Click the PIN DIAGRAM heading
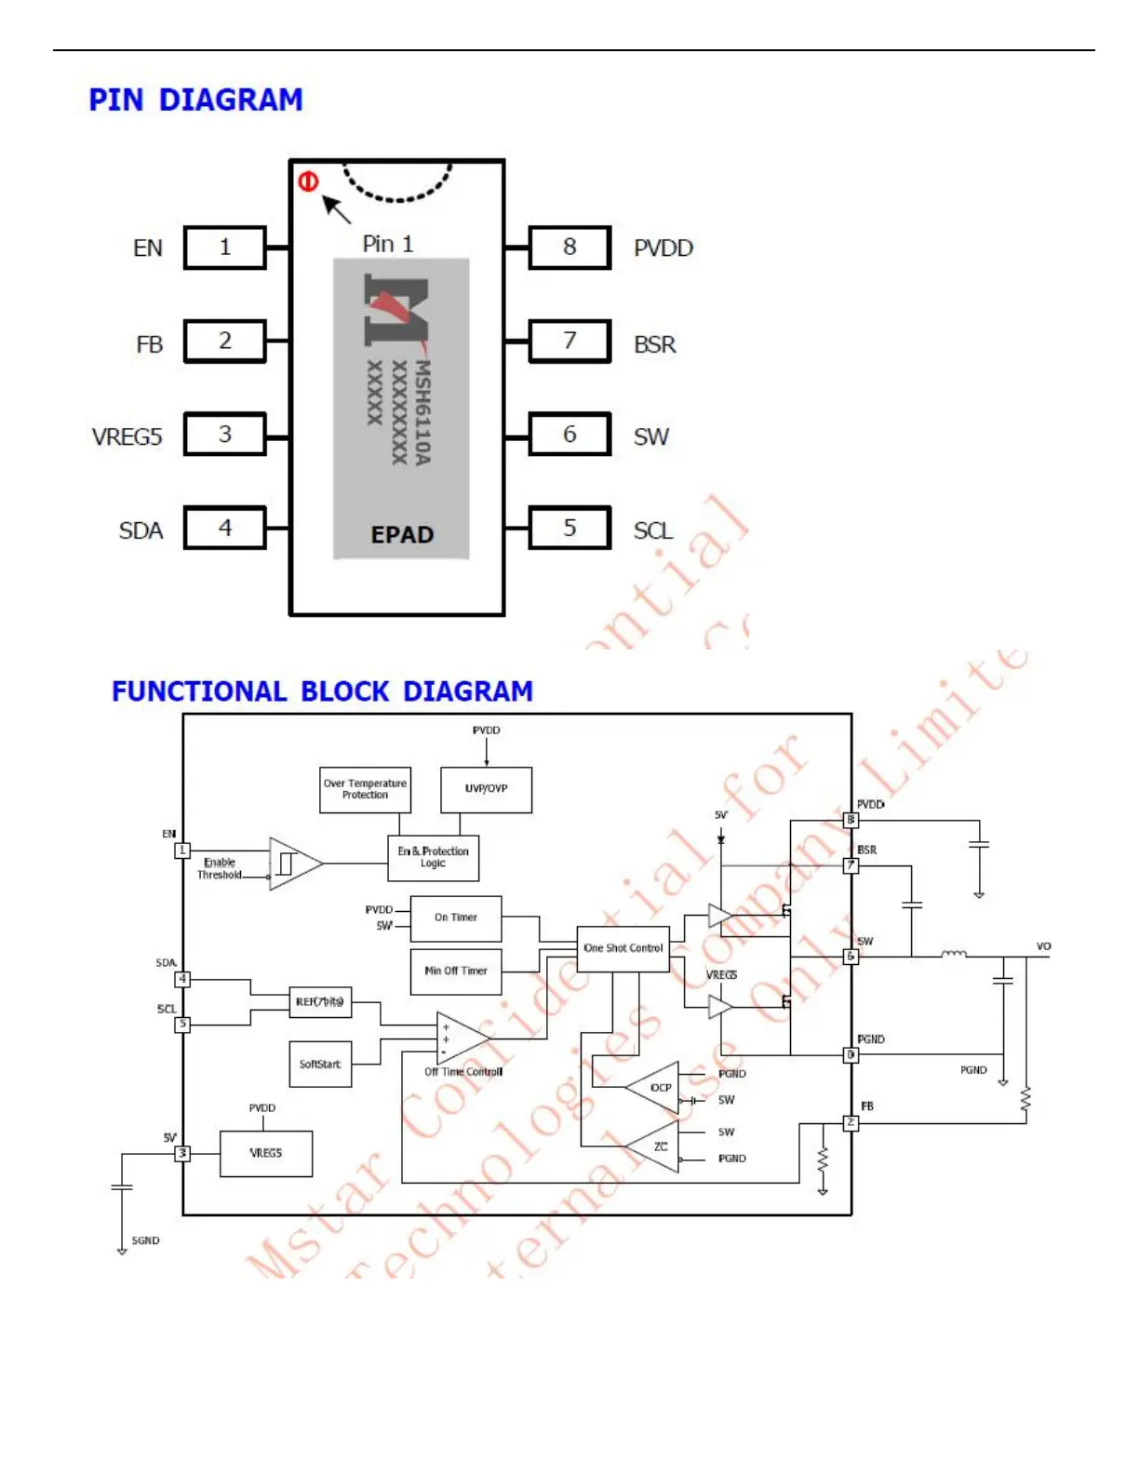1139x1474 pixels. (x=195, y=100)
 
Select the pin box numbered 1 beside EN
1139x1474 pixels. (x=225, y=248)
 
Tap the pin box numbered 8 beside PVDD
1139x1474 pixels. (x=569, y=248)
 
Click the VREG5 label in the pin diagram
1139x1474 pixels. (x=127, y=436)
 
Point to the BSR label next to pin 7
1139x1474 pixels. (x=655, y=344)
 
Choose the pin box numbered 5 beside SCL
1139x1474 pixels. (x=569, y=528)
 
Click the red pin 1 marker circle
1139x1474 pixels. (x=308, y=181)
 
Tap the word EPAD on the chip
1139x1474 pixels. (x=402, y=535)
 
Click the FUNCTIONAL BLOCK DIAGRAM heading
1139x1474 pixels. (x=322, y=691)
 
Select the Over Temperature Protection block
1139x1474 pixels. (x=365, y=789)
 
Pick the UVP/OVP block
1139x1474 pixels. (x=486, y=789)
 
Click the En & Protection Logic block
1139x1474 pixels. (x=433, y=857)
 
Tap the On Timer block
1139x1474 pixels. (x=456, y=918)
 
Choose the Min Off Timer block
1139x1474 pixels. (x=456, y=971)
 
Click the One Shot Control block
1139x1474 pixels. (x=623, y=948)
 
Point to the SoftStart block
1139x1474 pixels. (x=320, y=1064)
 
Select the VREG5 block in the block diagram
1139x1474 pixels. (x=266, y=1153)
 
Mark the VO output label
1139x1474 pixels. (x=1043, y=946)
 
